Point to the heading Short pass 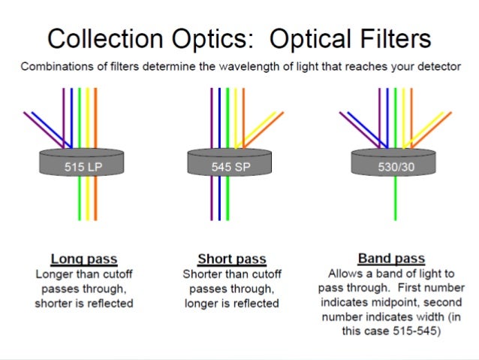[x=231, y=259]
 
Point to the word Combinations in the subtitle [x=58, y=66]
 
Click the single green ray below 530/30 [x=396, y=199]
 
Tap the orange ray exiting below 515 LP [x=96, y=199]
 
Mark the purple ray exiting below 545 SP [x=212, y=199]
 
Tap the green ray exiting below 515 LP [x=80, y=199]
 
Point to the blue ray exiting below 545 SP [x=220, y=199]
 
